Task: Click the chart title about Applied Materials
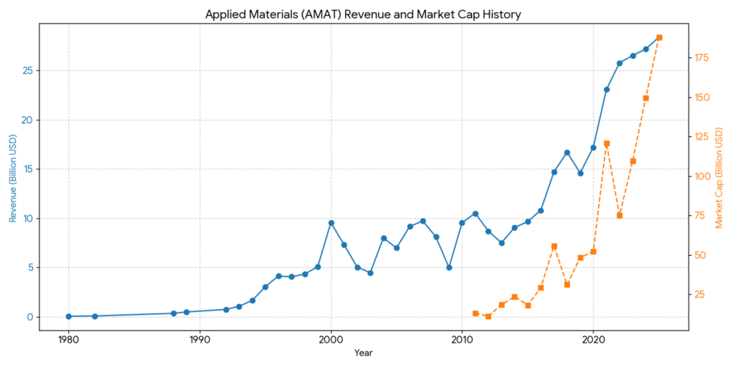[x=363, y=14]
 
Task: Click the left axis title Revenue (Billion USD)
[x=13, y=178]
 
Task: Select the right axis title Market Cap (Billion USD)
[x=719, y=178]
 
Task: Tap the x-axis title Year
[x=363, y=353]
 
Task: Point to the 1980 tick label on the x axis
[x=68, y=339]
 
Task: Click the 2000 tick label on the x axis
[x=331, y=339]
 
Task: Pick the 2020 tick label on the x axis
[x=593, y=339]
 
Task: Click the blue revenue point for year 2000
[x=331, y=223]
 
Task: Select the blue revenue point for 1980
[x=68, y=316]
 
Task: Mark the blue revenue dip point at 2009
[x=449, y=267]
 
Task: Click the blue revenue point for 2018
[x=567, y=153]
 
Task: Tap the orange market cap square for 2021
[x=606, y=143]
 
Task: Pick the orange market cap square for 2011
[x=475, y=313]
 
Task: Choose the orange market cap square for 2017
[x=554, y=246]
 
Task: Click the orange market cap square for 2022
[x=619, y=215]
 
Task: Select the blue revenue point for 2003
[x=370, y=273]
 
